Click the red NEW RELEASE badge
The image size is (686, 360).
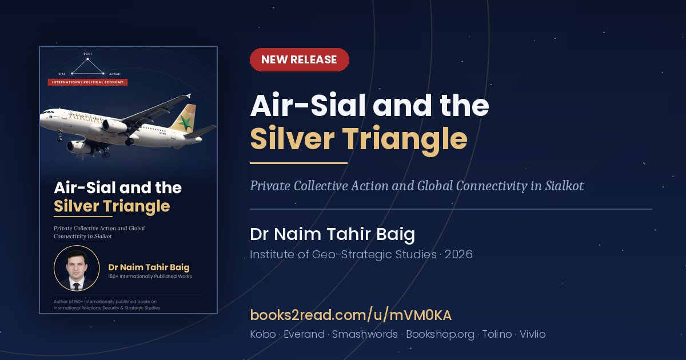[x=299, y=59]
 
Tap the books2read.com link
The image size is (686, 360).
[x=350, y=315]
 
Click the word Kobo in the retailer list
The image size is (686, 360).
[x=263, y=334]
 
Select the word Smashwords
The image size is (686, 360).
[x=365, y=334]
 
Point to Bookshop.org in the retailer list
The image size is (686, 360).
[x=440, y=334]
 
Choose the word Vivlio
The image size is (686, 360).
[x=532, y=334]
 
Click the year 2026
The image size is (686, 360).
[x=458, y=254]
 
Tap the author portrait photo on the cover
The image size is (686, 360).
[x=77, y=268]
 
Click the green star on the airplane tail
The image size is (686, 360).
[x=185, y=122]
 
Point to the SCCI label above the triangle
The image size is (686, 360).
[x=87, y=54]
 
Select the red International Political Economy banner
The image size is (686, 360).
[x=87, y=82]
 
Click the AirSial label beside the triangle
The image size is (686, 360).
[x=114, y=74]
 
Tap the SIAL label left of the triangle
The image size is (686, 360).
[x=62, y=74]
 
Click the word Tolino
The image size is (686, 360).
[x=497, y=334]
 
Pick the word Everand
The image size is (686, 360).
[x=304, y=334]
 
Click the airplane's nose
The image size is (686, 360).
[x=41, y=118]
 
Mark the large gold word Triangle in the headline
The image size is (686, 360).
[x=404, y=139]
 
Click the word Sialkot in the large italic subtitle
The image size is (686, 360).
[x=564, y=186]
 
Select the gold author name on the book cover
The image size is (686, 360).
[x=149, y=267]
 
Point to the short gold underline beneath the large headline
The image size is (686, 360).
[x=298, y=163]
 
